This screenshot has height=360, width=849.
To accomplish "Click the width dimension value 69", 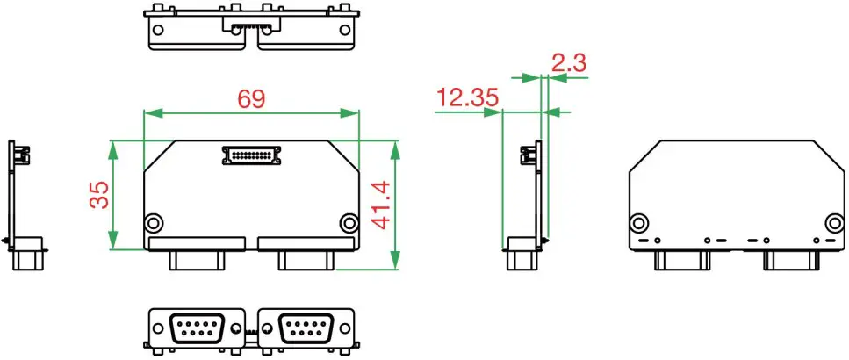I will [x=251, y=98].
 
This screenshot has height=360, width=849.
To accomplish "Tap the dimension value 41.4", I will [x=380, y=205].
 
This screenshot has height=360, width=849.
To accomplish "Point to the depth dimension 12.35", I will [x=467, y=97].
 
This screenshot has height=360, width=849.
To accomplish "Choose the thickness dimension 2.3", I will [x=568, y=62].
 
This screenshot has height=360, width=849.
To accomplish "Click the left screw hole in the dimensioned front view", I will [x=154, y=221].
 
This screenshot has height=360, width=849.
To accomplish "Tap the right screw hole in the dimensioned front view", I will [x=349, y=221].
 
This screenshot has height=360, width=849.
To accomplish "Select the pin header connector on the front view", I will [x=251, y=155].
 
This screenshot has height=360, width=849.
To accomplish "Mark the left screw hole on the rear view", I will [x=640, y=221].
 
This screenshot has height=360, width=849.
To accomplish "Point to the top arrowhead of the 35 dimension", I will [x=112, y=148].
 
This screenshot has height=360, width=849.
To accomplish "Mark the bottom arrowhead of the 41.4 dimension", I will [x=395, y=261].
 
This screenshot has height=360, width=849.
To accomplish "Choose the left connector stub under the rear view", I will [x=681, y=260].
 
